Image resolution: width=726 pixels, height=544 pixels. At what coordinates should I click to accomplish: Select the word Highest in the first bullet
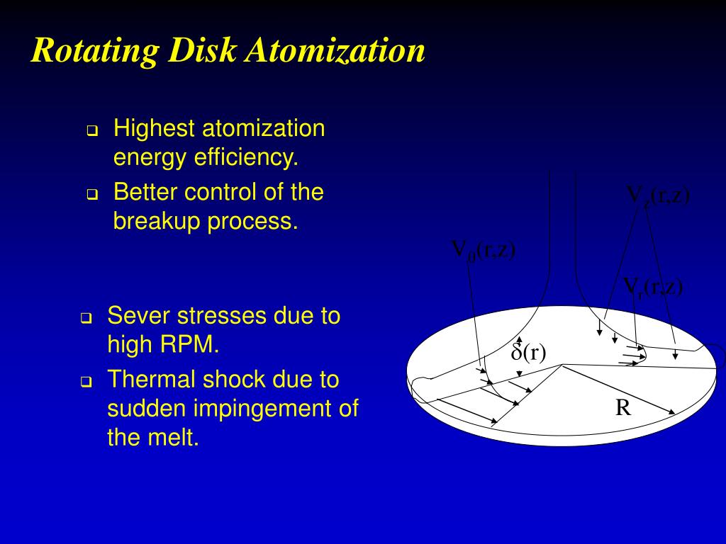pyautogui.click(x=155, y=129)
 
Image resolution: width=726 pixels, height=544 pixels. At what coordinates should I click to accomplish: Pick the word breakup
pyautogui.click(x=157, y=222)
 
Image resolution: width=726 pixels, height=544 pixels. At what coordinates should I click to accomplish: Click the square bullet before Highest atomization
pyautogui.click(x=91, y=131)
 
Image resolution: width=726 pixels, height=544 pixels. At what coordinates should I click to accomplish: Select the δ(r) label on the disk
pyautogui.click(x=529, y=352)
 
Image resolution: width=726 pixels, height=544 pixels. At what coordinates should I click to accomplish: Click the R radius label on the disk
pyautogui.click(x=623, y=408)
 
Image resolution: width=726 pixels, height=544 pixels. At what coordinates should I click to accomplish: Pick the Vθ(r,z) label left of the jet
pyautogui.click(x=484, y=251)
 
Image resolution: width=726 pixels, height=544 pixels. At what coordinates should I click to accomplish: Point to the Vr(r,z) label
pyautogui.click(x=652, y=286)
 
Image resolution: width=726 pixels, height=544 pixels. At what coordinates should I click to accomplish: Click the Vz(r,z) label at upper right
pyautogui.click(x=657, y=195)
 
